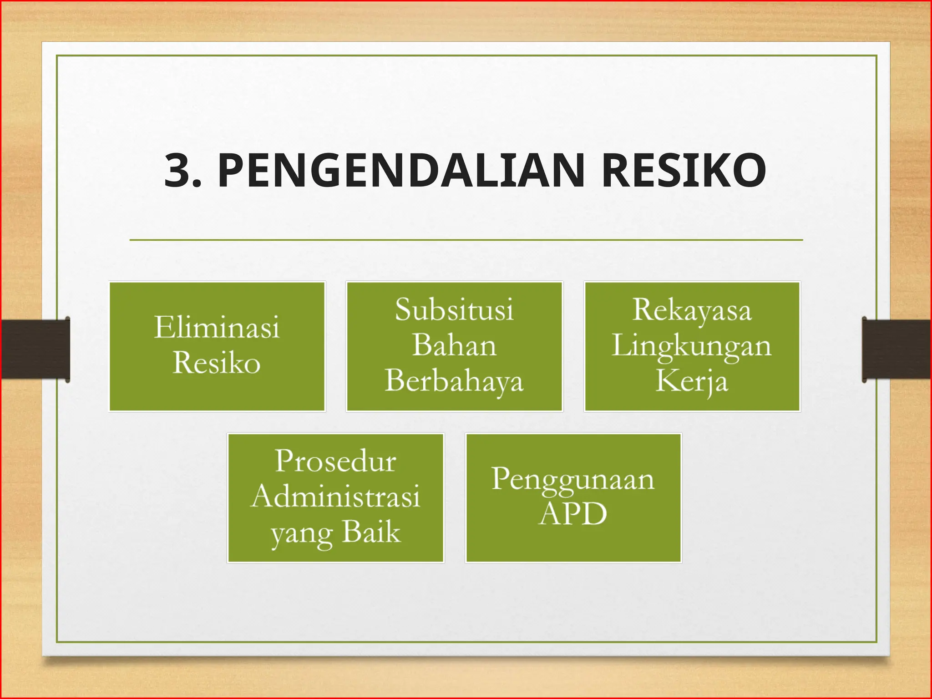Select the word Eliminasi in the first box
(217, 328)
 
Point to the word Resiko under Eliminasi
(217, 363)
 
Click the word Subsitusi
(454, 310)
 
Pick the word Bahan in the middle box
(454, 345)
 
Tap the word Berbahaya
(454, 381)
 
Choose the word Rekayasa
(692, 310)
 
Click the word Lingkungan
(692, 346)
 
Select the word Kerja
(692, 381)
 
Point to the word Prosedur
(335, 461)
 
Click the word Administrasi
(335, 496)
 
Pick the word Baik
(371, 532)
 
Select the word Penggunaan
(573, 480)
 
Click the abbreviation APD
(573, 514)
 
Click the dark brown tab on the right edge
(897, 349)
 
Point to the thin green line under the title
(466, 239)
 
